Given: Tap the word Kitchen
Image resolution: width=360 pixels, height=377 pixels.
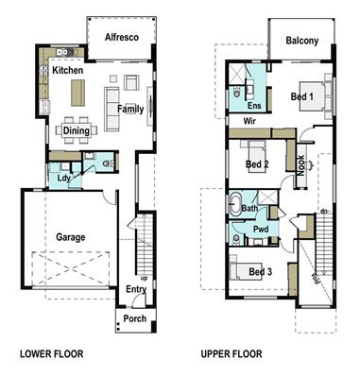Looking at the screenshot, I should [x=69, y=71].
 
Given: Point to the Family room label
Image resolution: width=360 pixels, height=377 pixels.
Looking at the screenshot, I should [x=130, y=110].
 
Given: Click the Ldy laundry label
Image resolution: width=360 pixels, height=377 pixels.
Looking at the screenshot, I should [x=63, y=176].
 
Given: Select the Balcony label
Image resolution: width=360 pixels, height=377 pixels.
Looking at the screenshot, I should [x=301, y=41].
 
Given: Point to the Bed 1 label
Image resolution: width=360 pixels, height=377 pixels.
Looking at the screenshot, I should [x=301, y=98].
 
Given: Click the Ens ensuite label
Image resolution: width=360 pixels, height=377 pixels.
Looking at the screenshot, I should [x=253, y=106].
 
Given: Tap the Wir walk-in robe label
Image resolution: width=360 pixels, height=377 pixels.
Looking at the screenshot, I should [x=250, y=122].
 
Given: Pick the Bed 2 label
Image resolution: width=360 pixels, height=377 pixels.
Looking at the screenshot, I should [x=258, y=164].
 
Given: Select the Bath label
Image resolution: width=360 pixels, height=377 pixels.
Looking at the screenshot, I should [x=249, y=208].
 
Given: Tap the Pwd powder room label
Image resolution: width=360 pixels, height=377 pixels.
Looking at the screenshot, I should [x=261, y=228].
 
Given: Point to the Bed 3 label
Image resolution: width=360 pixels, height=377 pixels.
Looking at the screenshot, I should [x=260, y=272].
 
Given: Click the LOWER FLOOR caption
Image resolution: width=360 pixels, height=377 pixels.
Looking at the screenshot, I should [x=52, y=355].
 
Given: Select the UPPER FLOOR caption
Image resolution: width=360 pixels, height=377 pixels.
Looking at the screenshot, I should [x=231, y=355].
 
